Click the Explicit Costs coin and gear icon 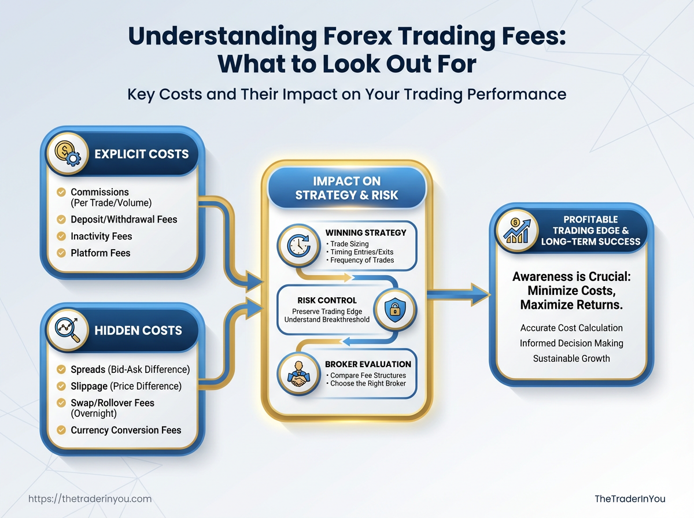[x=67, y=154]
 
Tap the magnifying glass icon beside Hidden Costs [x=67, y=330]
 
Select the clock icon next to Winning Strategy [x=298, y=246]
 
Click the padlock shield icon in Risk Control [x=395, y=309]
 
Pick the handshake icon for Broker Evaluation [x=298, y=374]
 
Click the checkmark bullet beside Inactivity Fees [x=61, y=236]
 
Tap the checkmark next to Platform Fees [x=61, y=253]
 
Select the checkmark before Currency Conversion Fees [x=61, y=430]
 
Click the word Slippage [x=89, y=386]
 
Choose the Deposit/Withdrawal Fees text [x=124, y=219]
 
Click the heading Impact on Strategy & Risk [x=347, y=188]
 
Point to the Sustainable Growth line [x=571, y=358]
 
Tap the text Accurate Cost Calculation [x=571, y=328]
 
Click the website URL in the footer [x=90, y=499]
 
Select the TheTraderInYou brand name [x=630, y=499]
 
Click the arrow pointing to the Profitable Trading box [x=459, y=295]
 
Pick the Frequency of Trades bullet [x=360, y=260]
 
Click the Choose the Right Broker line [x=366, y=383]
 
